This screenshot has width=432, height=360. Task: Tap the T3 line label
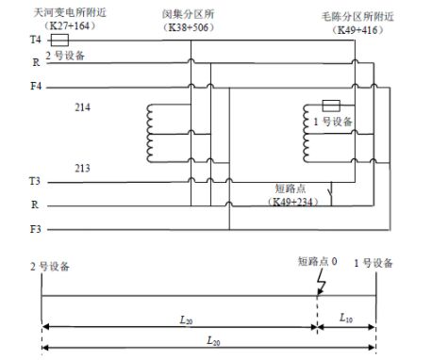[35, 180]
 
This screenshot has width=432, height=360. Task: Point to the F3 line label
[35, 229]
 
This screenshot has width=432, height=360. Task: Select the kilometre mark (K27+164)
[63, 26]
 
